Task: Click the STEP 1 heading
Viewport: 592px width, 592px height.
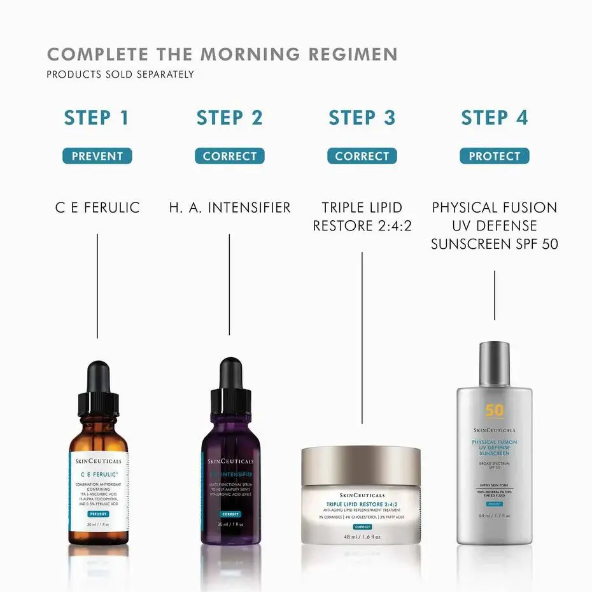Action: [97, 118]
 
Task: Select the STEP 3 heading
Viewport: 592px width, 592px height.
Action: [362, 118]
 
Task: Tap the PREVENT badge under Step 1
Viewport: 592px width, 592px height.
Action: [97, 156]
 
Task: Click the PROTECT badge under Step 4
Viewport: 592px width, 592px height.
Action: [494, 156]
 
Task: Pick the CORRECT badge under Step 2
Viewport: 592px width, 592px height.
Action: [229, 156]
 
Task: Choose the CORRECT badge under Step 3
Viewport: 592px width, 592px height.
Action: [362, 156]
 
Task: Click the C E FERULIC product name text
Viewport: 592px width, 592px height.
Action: [97, 208]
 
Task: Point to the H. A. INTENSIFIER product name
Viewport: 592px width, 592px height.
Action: [229, 208]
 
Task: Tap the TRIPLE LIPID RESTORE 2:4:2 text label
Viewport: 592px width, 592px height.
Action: [362, 216]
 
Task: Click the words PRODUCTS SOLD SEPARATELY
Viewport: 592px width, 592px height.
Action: [120, 74]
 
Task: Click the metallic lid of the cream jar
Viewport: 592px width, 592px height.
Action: [361, 461]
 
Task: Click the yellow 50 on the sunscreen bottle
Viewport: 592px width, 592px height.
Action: [494, 411]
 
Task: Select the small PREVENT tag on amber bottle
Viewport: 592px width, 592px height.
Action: [98, 514]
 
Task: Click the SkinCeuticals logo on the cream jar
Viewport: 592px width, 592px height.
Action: [361, 495]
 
